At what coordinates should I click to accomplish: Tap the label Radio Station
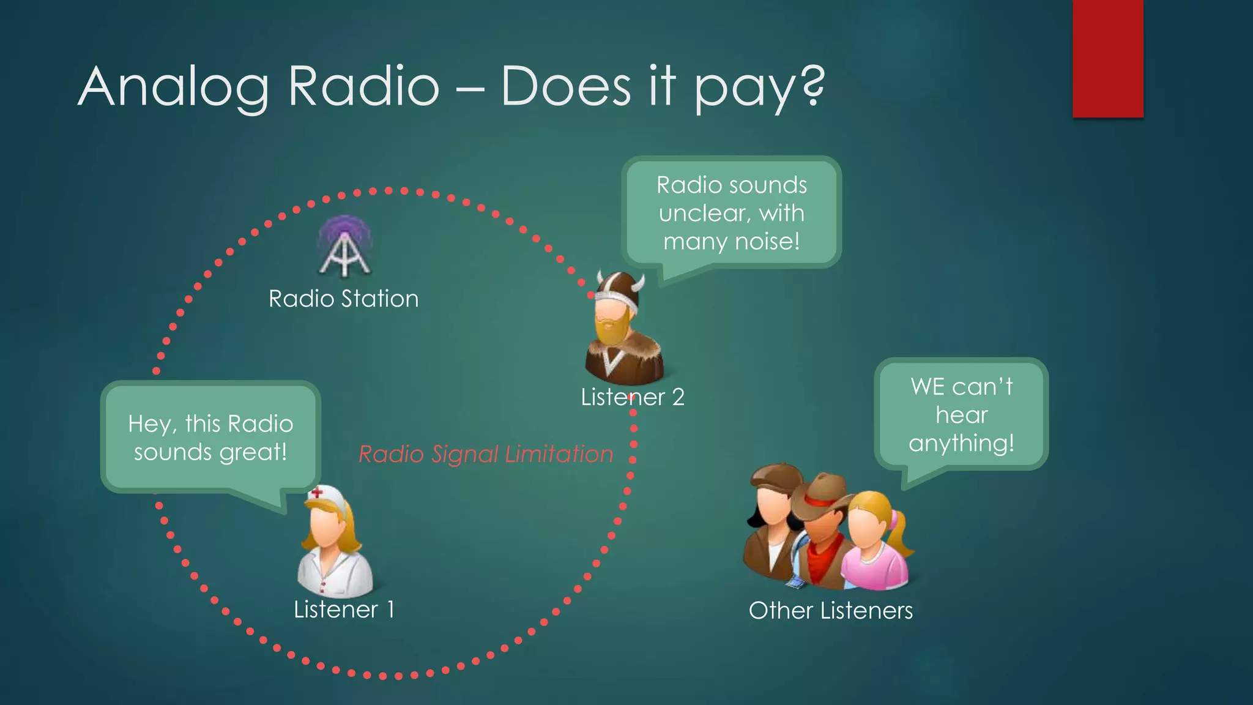343,299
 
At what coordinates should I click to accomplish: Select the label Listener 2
632,397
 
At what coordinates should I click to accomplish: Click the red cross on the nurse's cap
317,492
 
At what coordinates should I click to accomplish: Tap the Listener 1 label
344,610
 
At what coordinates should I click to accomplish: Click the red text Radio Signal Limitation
486,454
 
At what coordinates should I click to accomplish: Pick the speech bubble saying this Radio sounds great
210,438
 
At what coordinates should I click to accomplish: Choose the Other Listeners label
830,611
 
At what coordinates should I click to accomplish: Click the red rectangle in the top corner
1107,58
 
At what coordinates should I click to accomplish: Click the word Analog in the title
174,87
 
